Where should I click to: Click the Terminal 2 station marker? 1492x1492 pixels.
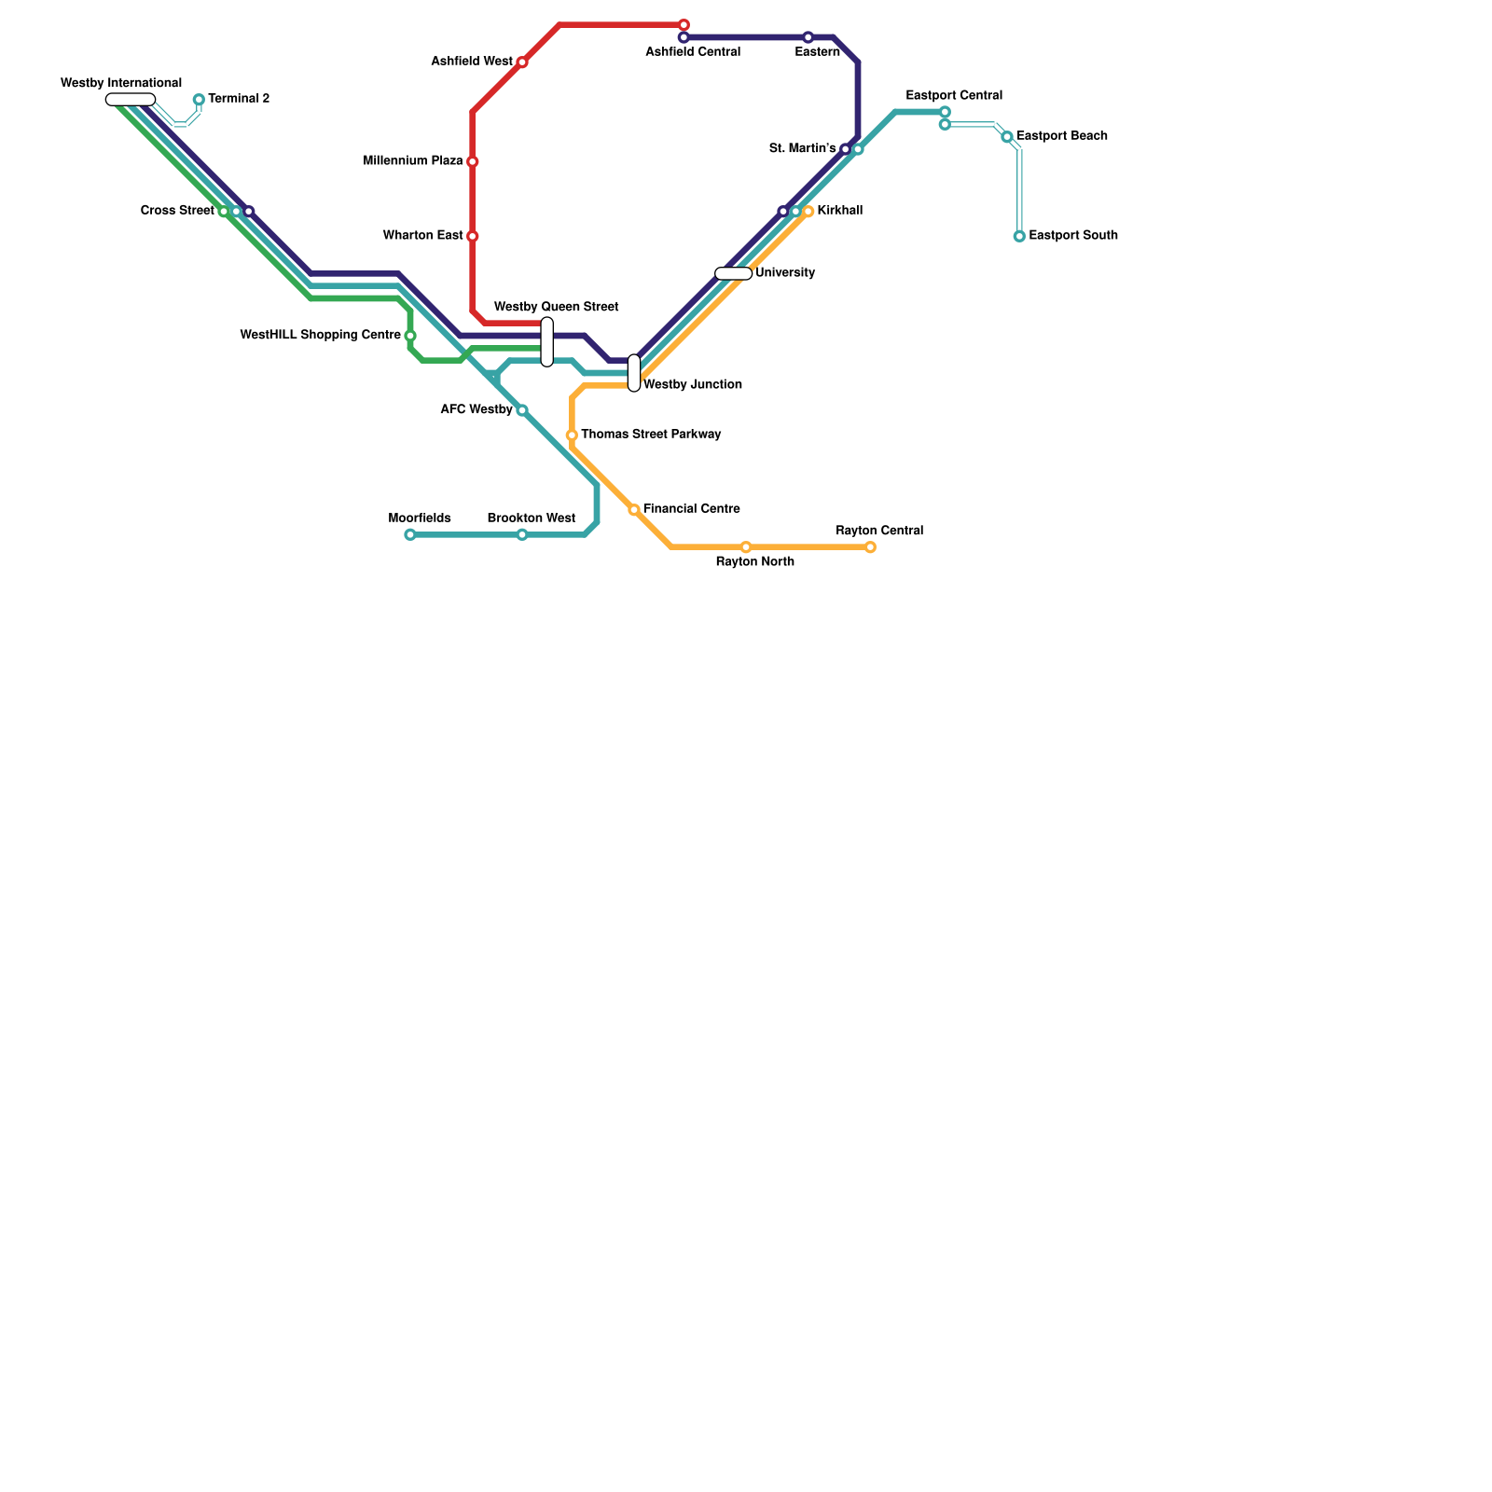coord(199,100)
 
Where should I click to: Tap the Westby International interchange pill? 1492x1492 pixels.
coord(131,100)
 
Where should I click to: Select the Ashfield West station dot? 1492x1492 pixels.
coord(522,62)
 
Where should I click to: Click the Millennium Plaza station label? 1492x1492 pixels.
coord(413,161)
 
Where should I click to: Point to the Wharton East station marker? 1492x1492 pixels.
coord(473,236)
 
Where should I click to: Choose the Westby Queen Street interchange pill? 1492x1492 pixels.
coord(547,342)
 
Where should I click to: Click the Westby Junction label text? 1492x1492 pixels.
coord(693,384)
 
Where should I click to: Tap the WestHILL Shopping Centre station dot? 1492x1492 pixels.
coord(410,336)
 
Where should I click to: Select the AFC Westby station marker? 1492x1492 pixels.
coord(522,410)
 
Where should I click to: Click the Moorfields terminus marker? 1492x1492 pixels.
coord(410,535)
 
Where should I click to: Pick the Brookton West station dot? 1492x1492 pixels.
coord(522,535)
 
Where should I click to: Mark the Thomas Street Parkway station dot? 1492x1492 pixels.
coord(572,435)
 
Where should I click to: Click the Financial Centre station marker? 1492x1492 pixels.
coord(634,510)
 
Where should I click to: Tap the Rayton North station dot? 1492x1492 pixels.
coord(746,547)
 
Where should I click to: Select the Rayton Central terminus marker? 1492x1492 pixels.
coord(870,547)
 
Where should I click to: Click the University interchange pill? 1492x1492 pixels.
coord(734,273)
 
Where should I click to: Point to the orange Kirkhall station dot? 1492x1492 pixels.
coord(808,212)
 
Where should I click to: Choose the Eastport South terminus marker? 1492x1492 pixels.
coord(1019,236)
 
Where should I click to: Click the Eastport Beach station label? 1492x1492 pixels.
coord(1062,136)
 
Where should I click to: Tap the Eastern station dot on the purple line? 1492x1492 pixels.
coord(808,37)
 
